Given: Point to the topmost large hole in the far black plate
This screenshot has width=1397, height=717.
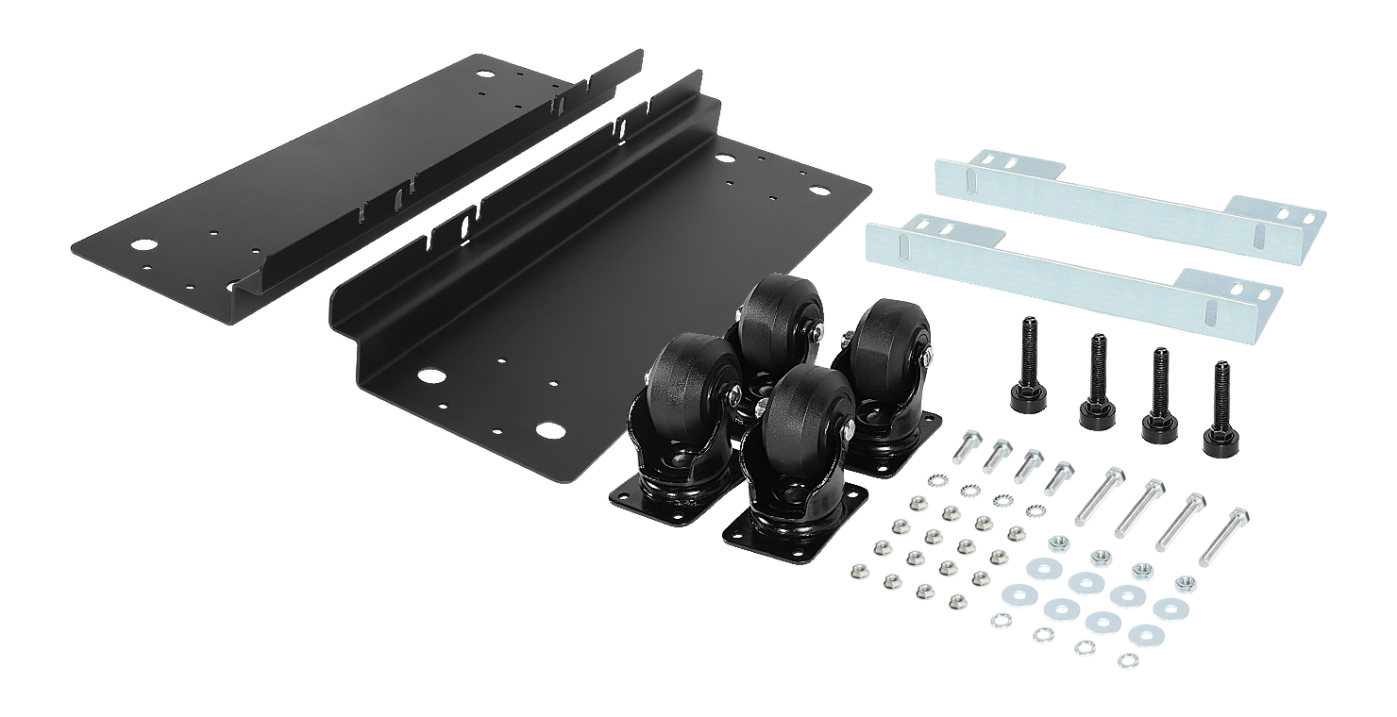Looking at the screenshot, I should tap(487, 71).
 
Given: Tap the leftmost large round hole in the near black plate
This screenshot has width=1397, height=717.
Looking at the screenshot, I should tap(431, 376).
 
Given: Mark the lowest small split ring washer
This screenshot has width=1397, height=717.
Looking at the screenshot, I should tap(1126, 660).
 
